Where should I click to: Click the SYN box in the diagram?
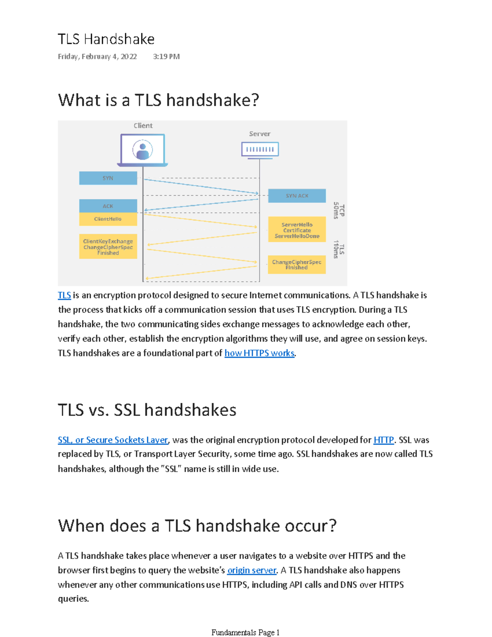point(108,178)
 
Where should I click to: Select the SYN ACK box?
point(297,196)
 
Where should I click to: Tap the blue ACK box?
point(108,206)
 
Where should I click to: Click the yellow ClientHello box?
point(108,219)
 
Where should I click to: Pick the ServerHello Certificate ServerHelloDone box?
point(297,230)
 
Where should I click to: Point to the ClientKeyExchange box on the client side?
point(108,247)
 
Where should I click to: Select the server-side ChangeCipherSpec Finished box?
point(297,265)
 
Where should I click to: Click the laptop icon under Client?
point(143,150)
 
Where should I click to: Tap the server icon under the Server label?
point(260,149)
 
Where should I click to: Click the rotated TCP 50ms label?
point(339,210)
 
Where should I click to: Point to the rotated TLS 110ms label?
point(339,249)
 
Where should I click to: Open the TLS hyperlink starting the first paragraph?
point(64,295)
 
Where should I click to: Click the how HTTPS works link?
point(260,353)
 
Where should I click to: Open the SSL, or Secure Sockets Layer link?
point(113,440)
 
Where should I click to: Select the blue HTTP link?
point(384,440)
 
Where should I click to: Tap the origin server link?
point(252,571)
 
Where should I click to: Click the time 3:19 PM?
point(166,57)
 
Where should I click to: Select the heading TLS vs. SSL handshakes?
point(147,410)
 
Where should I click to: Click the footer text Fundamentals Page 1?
point(245,632)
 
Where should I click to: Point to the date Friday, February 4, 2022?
point(97,57)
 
